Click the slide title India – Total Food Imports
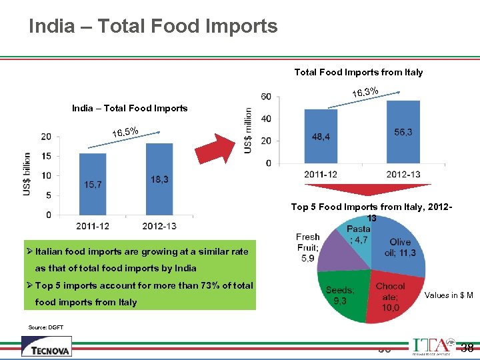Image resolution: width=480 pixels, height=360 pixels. pyautogui.click(x=153, y=26)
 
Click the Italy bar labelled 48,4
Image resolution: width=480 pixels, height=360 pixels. pyautogui.click(x=321, y=137)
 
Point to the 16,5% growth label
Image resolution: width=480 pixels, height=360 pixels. pyautogui.click(x=125, y=132)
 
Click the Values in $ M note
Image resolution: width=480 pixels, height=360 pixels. pyautogui.click(x=449, y=295)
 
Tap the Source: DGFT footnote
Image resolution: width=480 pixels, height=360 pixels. pyautogui.click(x=46, y=327)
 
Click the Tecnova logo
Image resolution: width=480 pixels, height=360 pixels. pyautogui.click(x=46, y=347)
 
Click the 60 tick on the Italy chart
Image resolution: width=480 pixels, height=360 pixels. pyautogui.click(x=265, y=97)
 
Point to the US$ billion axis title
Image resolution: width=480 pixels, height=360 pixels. pyautogui.click(x=27, y=174)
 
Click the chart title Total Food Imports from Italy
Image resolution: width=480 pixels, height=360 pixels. pyautogui.click(x=358, y=72)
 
